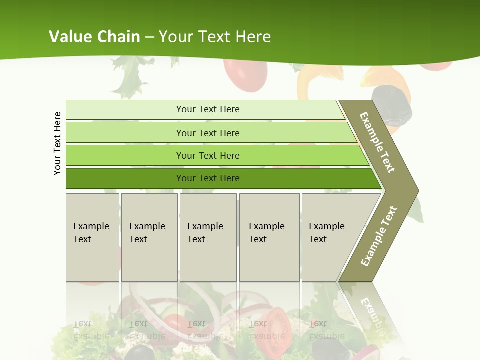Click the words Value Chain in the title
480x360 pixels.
pyautogui.click(x=94, y=37)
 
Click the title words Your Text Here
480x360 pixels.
pyautogui.click(x=215, y=37)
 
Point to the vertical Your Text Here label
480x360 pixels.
pyautogui.click(x=57, y=143)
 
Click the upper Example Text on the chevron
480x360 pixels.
pyautogui.click(x=377, y=142)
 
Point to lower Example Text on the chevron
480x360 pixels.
pyautogui.click(x=379, y=236)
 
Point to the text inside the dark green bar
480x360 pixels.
pyautogui.click(x=208, y=178)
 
